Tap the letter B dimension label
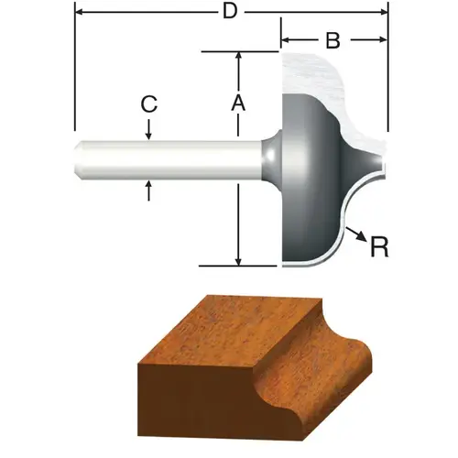pos(333,40)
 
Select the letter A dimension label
pos(238,104)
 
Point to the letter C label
pos(147,104)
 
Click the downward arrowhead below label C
pos(148,136)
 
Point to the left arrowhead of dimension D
pos(78,12)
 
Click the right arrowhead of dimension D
pos(384,12)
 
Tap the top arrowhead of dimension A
pos(238,57)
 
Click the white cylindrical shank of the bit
pos(165,160)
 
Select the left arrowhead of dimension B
pos(284,40)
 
